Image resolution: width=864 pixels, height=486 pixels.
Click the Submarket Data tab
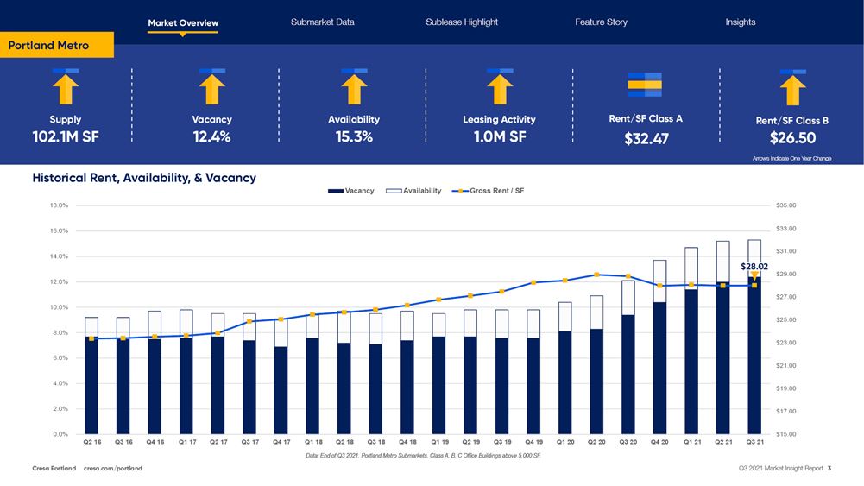pyautogui.click(x=322, y=22)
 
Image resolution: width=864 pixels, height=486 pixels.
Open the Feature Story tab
pyautogui.click(x=601, y=22)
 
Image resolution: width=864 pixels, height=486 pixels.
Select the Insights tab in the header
pyautogui.click(x=740, y=22)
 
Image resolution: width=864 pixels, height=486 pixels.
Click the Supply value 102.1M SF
pyautogui.click(x=66, y=136)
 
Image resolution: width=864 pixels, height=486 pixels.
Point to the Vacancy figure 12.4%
pyautogui.click(x=211, y=136)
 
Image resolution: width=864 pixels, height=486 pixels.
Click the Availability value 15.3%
pyautogui.click(x=354, y=136)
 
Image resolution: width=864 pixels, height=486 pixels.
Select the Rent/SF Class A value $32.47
pyautogui.click(x=646, y=138)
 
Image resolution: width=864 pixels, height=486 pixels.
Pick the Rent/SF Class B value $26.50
pyautogui.click(x=792, y=138)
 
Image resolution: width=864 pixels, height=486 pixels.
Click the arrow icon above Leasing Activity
pyautogui.click(x=500, y=86)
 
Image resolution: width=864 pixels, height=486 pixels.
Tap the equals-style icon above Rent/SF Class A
pyautogui.click(x=645, y=84)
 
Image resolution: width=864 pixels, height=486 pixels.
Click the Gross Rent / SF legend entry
pyautogui.click(x=490, y=191)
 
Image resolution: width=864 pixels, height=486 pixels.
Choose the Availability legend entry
pyautogui.click(x=413, y=191)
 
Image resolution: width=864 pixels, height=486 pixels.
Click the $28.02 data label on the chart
pyautogui.click(x=754, y=267)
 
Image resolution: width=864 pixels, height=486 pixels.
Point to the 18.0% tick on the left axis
pyautogui.click(x=58, y=205)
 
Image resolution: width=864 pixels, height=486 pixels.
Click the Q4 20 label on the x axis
pyautogui.click(x=659, y=441)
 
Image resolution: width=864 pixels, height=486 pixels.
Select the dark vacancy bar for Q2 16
pyautogui.click(x=91, y=385)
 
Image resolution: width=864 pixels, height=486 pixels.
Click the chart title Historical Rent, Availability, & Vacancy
pyautogui.click(x=144, y=178)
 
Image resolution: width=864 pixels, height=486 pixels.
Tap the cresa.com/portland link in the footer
pyautogui.click(x=113, y=469)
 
